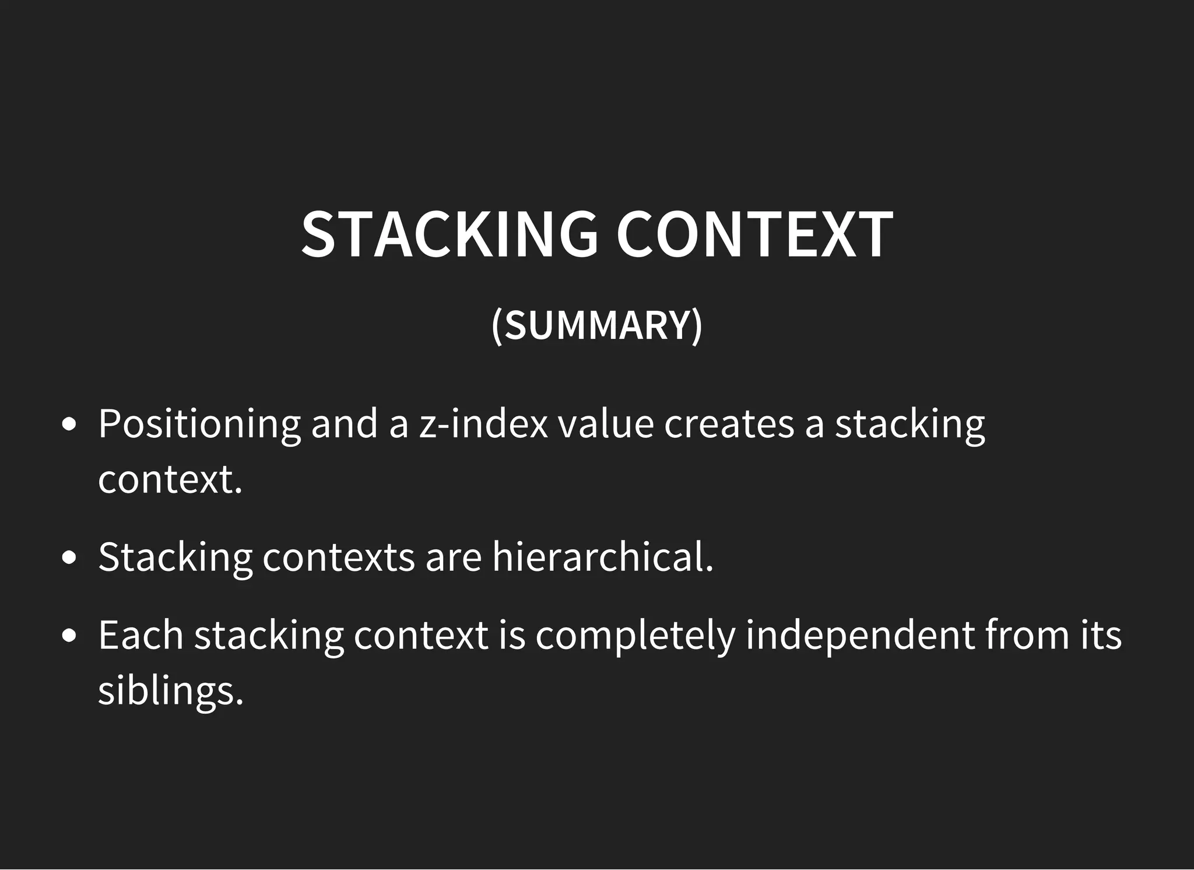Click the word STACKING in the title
[x=449, y=234]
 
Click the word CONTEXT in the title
[x=754, y=234]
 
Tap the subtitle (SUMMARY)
[x=597, y=325]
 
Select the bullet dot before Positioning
[x=69, y=425]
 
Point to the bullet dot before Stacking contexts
[x=69, y=557]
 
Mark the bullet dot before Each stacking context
[x=69, y=636]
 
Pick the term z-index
[x=483, y=423]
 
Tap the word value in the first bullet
[x=606, y=423]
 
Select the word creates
[x=729, y=425]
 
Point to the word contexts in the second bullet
[x=338, y=557]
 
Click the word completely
[x=635, y=636]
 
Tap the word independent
[x=860, y=636]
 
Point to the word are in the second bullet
[x=453, y=557]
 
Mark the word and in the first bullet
[x=345, y=423]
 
